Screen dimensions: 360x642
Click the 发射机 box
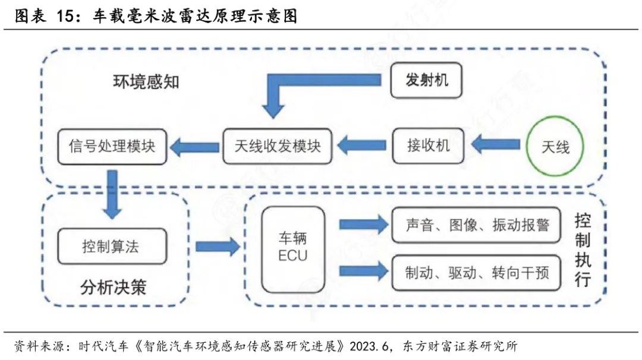[x=427, y=80]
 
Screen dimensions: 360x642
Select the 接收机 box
[x=429, y=146]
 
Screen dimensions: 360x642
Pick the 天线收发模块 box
[x=278, y=146]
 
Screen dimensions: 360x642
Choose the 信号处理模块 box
[x=112, y=146]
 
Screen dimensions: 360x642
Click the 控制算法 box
[x=111, y=247]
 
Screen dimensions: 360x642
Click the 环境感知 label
[x=146, y=81]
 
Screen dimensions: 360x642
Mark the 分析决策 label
[x=113, y=288]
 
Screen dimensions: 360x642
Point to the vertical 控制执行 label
[x=583, y=250]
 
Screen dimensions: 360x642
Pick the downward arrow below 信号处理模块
[x=111, y=193]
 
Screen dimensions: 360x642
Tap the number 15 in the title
[x=68, y=16]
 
